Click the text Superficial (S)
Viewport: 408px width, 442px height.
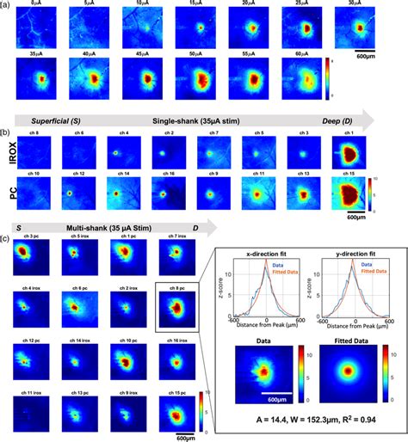click(54, 122)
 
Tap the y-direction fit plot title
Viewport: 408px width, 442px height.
click(352, 255)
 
